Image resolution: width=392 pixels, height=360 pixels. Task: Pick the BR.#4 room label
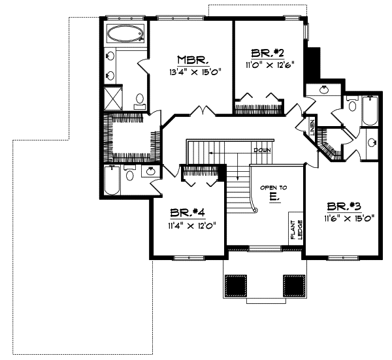[x=189, y=214]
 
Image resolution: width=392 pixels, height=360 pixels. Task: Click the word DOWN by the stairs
[x=262, y=150]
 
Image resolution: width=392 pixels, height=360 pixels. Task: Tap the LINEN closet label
[x=312, y=126]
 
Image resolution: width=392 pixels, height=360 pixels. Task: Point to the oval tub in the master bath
[x=125, y=33]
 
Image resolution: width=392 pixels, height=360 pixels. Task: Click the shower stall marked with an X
[x=114, y=98]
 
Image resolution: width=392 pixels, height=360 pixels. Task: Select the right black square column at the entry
[x=294, y=286]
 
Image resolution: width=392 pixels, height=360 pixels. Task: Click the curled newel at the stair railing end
[x=254, y=209]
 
